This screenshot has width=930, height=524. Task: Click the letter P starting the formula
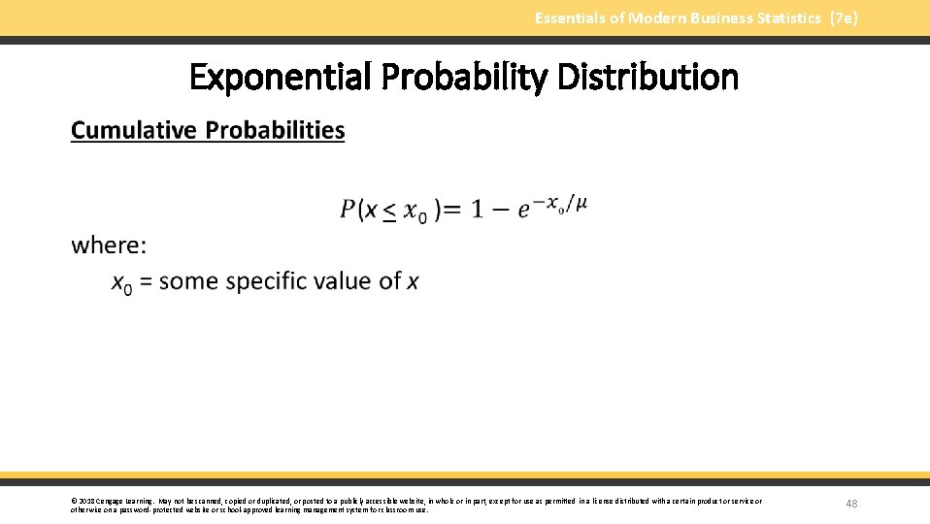coord(348,210)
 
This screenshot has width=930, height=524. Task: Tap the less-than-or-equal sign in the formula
coord(388,212)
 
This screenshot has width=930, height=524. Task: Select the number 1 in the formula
coord(477,210)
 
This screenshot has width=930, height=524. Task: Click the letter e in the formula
coord(524,211)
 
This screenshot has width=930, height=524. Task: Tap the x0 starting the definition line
coord(122,282)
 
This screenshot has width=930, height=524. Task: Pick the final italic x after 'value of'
coord(413,281)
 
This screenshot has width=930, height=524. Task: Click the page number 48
coord(851,504)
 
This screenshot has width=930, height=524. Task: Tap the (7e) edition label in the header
coord(844,17)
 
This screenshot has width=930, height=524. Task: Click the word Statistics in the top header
coord(788,17)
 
